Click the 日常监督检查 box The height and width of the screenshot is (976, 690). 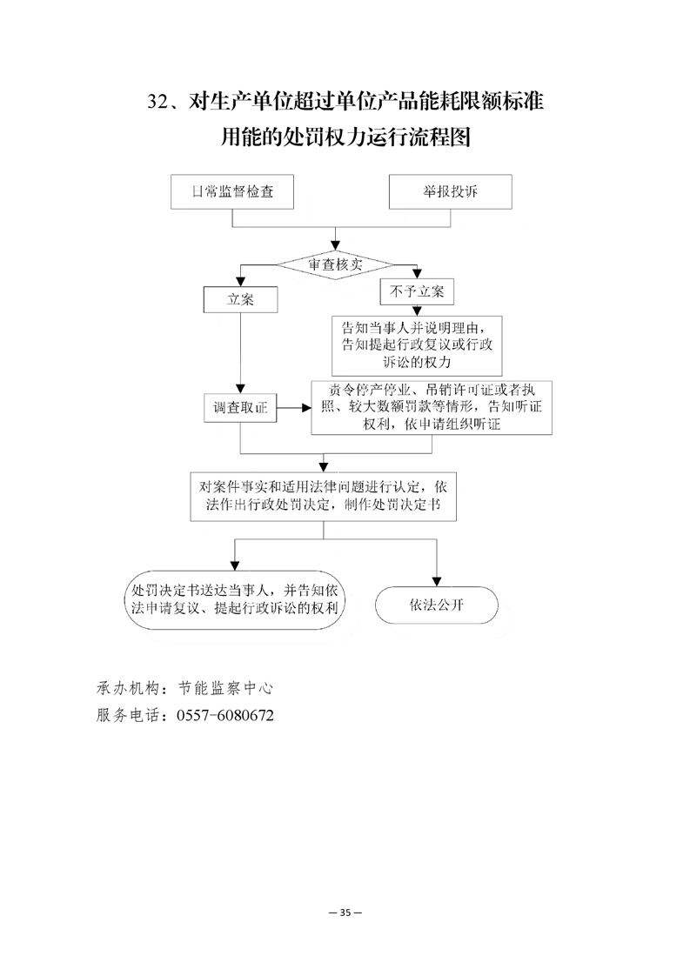(232, 191)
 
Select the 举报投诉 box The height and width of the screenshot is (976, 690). (450, 191)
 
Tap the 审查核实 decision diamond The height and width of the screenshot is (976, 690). (335, 264)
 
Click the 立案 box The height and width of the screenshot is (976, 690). (240, 299)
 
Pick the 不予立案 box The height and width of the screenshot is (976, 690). (418, 291)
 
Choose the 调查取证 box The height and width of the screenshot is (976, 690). (240, 408)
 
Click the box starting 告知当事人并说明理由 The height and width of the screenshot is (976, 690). (417, 344)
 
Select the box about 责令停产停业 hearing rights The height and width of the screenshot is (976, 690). (432, 408)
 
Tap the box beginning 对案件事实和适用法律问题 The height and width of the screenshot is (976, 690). (323, 496)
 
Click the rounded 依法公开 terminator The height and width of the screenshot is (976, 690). (437, 605)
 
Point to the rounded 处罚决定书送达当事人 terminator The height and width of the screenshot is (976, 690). (235, 599)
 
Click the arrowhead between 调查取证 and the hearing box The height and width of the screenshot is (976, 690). (306, 408)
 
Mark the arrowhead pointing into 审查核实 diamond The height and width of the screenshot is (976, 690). (336, 246)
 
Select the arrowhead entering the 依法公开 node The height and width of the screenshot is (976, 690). (437, 581)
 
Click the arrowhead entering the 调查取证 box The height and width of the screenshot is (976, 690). (240, 389)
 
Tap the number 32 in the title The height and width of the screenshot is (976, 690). (157, 102)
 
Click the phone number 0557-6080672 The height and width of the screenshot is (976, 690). (225, 715)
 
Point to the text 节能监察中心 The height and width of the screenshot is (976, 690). (225, 688)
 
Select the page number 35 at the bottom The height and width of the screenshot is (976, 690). (345, 912)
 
